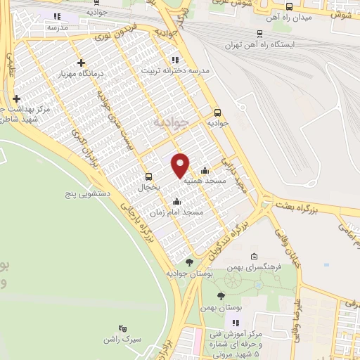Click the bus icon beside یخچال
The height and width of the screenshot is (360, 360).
coord(148,176)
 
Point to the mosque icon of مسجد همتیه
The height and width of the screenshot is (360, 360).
coord(205,169)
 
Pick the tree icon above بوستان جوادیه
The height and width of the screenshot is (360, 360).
coord(188,262)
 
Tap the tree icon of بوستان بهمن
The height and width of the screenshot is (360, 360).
coord(221,296)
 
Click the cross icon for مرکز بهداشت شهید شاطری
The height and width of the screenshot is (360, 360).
coord(15,98)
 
